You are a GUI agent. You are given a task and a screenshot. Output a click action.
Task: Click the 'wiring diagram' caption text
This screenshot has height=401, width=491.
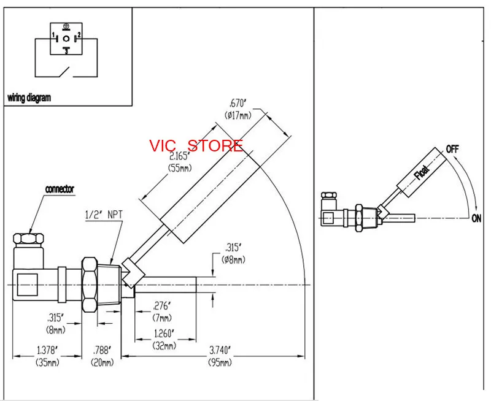29,98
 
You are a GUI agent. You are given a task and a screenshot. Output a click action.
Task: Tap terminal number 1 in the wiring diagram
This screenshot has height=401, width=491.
53,34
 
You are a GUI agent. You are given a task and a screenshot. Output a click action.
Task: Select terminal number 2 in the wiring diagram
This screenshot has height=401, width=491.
79,34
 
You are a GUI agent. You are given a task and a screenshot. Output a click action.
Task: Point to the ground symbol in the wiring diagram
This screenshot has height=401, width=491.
66,27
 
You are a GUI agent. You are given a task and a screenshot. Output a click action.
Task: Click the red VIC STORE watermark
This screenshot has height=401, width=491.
196,146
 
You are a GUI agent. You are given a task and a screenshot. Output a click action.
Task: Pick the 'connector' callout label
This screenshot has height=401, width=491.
60,189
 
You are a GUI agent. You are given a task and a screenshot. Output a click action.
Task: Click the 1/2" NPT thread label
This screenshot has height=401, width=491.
104,215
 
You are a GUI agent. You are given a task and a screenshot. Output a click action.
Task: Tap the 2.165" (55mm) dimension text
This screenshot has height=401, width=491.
180,161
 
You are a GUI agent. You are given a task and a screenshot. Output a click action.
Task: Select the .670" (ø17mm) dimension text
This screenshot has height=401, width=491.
238,109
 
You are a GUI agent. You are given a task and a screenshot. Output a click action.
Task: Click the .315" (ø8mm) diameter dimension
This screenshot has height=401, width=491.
234,253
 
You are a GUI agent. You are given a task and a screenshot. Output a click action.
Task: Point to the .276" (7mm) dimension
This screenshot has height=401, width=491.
162,311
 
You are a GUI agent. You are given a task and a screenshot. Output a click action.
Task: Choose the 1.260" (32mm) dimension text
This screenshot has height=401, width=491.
164,340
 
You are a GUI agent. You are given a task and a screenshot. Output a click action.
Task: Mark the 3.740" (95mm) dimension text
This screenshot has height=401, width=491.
220,356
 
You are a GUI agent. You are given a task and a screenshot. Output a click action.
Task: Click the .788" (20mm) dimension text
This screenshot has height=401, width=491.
102,356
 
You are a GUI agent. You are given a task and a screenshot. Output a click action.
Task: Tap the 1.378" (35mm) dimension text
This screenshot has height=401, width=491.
48,356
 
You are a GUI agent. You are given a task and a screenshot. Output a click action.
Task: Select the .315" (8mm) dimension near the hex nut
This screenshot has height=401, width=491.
56,324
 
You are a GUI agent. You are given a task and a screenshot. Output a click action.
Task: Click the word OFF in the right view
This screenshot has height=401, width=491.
452,149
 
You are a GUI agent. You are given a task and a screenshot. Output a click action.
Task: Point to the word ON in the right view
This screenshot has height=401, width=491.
476,218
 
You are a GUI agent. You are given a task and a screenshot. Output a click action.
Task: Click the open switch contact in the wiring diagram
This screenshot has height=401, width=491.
65,72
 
